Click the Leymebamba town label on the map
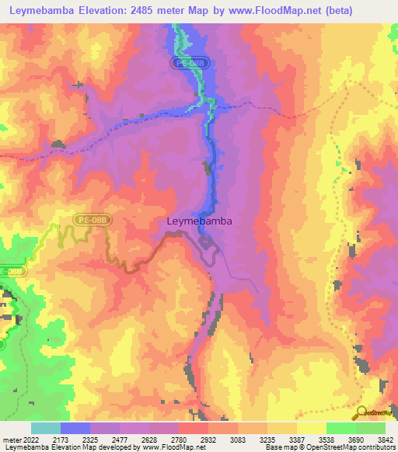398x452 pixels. (199, 221)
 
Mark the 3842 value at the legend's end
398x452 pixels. (386, 440)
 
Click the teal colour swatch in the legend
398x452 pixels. (46, 428)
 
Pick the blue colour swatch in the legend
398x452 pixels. (75, 428)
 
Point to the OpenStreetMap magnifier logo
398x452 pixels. (361, 412)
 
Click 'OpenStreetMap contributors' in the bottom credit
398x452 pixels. (357, 447)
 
